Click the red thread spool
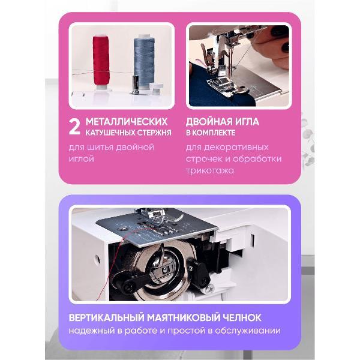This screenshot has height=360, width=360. pyautogui.click(x=101, y=61)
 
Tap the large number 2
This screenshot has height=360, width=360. pyautogui.click(x=74, y=127)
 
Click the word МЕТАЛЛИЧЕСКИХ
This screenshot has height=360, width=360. pyautogui.click(x=127, y=122)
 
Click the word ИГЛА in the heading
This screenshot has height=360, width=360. pyautogui.click(x=247, y=122)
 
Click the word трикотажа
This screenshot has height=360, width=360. pyautogui.click(x=210, y=171)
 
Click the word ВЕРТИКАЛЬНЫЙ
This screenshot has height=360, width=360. pyautogui.click(x=107, y=318)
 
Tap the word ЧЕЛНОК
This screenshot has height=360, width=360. pyautogui.click(x=242, y=318)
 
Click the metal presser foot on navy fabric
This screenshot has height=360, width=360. pyautogui.click(x=220, y=85)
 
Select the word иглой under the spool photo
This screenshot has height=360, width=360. pyautogui.click(x=82, y=158)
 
